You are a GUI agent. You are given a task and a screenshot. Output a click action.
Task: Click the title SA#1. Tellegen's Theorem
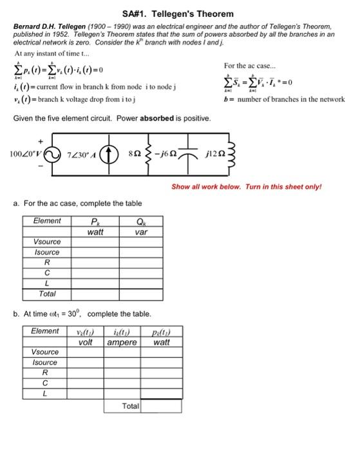(178, 14)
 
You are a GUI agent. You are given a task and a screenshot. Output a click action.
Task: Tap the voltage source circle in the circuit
(51, 155)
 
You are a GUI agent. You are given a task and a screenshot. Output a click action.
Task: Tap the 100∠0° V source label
(24, 155)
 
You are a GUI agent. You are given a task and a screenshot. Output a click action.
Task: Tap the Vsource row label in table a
(46, 242)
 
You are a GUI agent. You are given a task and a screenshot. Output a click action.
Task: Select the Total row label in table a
(47, 294)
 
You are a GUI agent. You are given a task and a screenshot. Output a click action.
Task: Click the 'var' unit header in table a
(142, 231)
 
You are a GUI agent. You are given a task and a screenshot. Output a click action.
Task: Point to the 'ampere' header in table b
(122, 342)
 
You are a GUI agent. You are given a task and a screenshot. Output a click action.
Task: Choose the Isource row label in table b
(45, 363)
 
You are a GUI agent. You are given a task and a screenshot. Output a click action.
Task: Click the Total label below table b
(131, 407)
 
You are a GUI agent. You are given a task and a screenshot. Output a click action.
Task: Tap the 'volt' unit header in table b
(86, 342)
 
